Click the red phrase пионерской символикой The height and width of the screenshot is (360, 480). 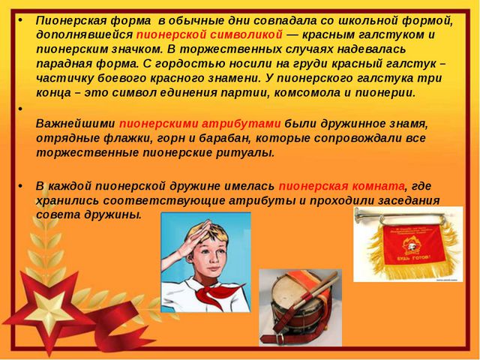pos(209,35)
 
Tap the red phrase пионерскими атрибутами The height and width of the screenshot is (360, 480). pos(200,124)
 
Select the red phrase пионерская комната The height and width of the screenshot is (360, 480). pos(342,187)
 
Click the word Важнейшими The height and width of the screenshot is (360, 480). pos(76,124)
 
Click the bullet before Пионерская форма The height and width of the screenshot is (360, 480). pos(20,21)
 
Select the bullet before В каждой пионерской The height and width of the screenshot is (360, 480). pos(20,187)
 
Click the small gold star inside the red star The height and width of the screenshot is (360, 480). pos(49,310)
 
